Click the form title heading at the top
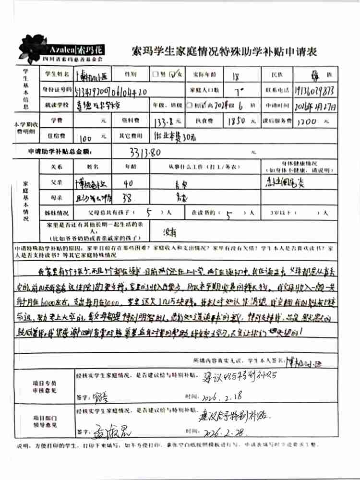point(223,51)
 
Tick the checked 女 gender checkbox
point(173,74)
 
